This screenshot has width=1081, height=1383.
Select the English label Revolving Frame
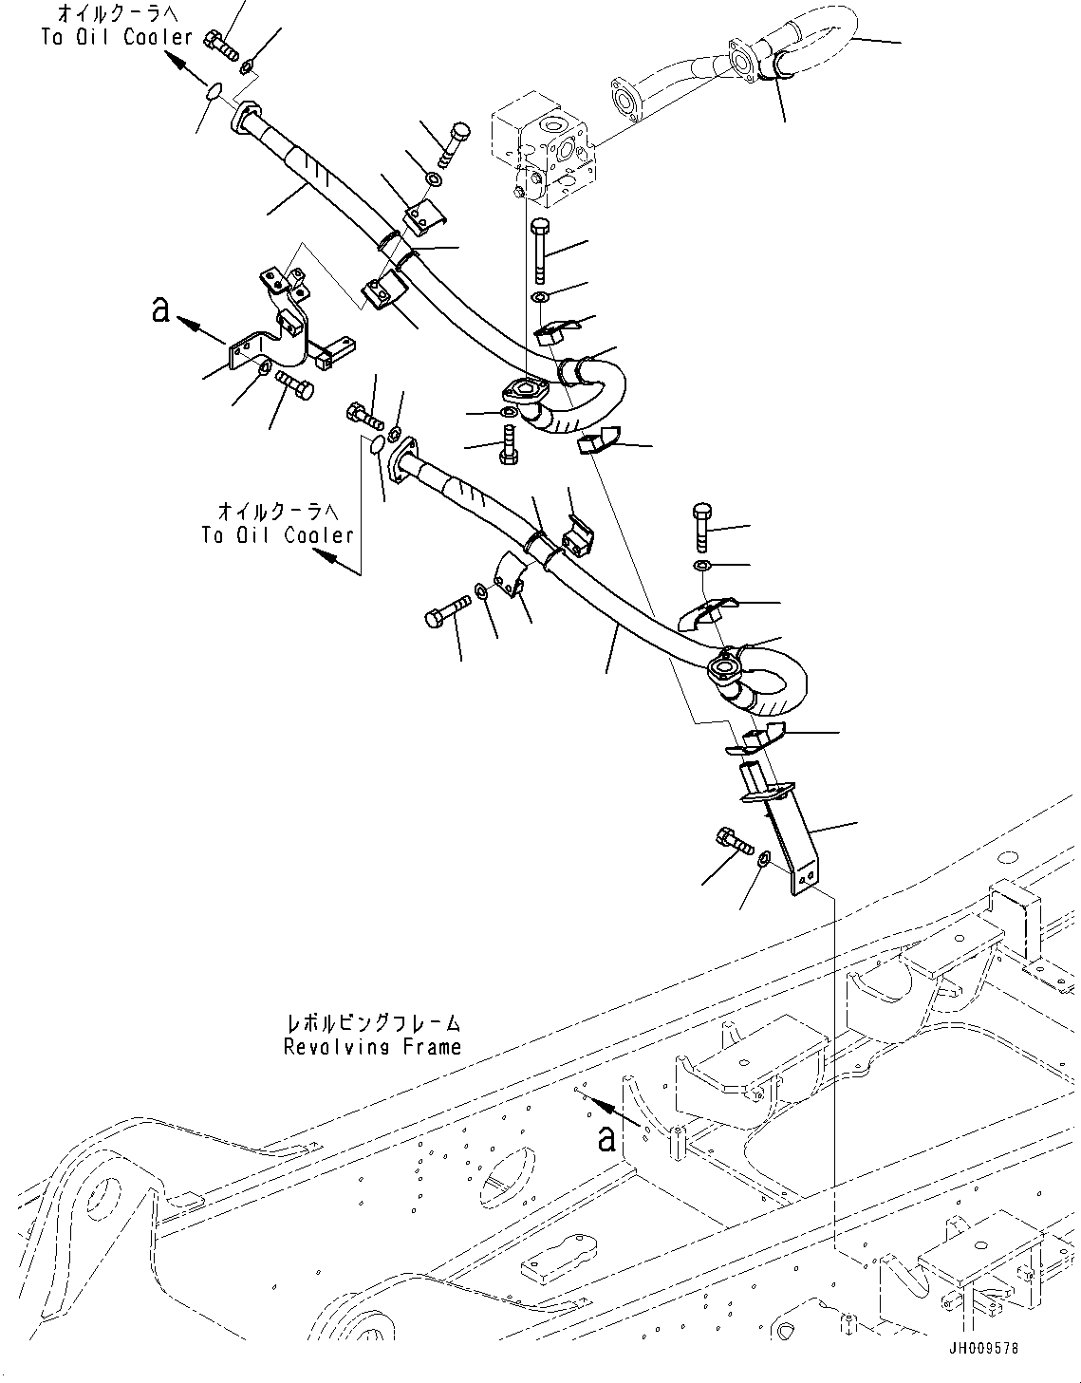372,1047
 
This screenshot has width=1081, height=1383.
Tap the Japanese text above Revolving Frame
372,1024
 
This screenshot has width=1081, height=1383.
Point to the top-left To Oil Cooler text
117,37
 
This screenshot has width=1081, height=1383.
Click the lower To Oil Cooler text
277,535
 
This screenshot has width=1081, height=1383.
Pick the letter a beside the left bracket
162,309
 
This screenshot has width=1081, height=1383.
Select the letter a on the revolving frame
606,1137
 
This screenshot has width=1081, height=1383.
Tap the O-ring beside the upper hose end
214,92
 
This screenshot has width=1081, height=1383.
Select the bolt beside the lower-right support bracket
733,840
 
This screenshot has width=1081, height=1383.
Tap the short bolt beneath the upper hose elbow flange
509,444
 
